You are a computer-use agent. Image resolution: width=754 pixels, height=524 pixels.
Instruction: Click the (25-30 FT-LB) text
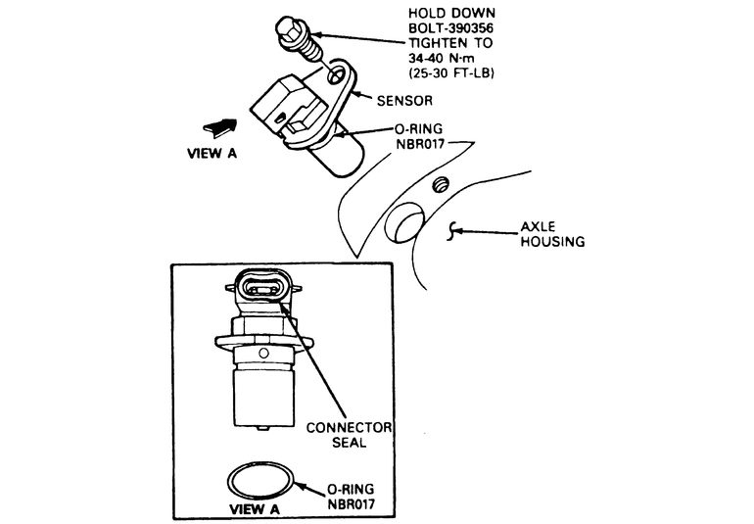[x=452, y=74]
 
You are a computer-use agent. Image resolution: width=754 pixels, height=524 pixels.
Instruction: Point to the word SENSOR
[x=406, y=101]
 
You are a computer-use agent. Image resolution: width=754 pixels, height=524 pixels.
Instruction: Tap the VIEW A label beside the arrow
[x=211, y=153]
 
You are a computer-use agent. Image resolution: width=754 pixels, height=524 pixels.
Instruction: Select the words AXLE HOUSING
[x=552, y=236]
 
